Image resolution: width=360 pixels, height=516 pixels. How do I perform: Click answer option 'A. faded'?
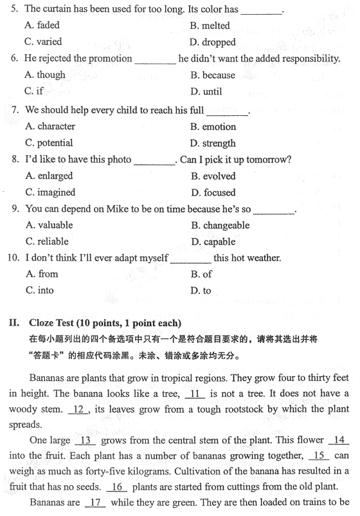click(x=42, y=26)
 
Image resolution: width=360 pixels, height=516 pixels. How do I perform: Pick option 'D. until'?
click(x=206, y=91)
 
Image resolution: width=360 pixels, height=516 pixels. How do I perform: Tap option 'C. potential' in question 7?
click(x=49, y=143)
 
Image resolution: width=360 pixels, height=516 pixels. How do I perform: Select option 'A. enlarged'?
click(x=49, y=176)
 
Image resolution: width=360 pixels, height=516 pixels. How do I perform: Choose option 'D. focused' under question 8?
click(x=213, y=192)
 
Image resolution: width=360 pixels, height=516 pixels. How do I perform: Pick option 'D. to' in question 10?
click(x=201, y=290)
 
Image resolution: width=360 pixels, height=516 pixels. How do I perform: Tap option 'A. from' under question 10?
click(x=42, y=274)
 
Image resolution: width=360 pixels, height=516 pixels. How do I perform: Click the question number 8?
click(x=15, y=160)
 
